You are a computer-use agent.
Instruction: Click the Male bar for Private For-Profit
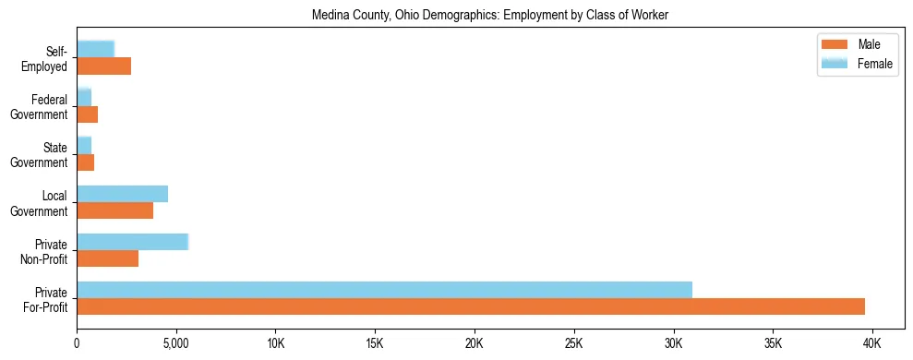[x=471, y=306]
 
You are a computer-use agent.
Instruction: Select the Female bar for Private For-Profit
[x=384, y=290]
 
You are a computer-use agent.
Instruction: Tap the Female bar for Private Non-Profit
[x=132, y=242]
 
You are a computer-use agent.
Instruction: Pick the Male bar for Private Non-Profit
[x=107, y=258]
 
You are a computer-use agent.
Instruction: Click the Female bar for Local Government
[x=122, y=194]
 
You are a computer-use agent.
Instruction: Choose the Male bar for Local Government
[x=114, y=210]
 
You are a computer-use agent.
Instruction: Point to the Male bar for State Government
[x=85, y=162]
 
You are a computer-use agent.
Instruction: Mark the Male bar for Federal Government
[x=87, y=114]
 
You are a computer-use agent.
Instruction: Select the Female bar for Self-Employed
[x=95, y=49]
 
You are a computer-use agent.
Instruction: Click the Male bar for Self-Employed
[x=103, y=66]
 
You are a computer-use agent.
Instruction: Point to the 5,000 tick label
[x=175, y=342]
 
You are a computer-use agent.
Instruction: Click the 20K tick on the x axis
[x=474, y=342]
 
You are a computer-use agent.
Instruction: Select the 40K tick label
[x=871, y=342]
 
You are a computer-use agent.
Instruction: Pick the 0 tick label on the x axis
[x=77, y=342]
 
